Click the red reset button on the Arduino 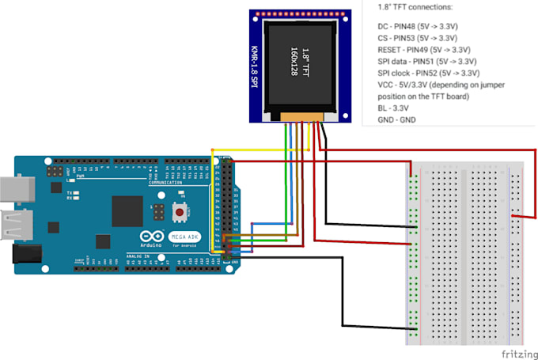pyautogui.click(x=180, y=212)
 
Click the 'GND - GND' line pyautogui.click(x=397, y=119)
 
